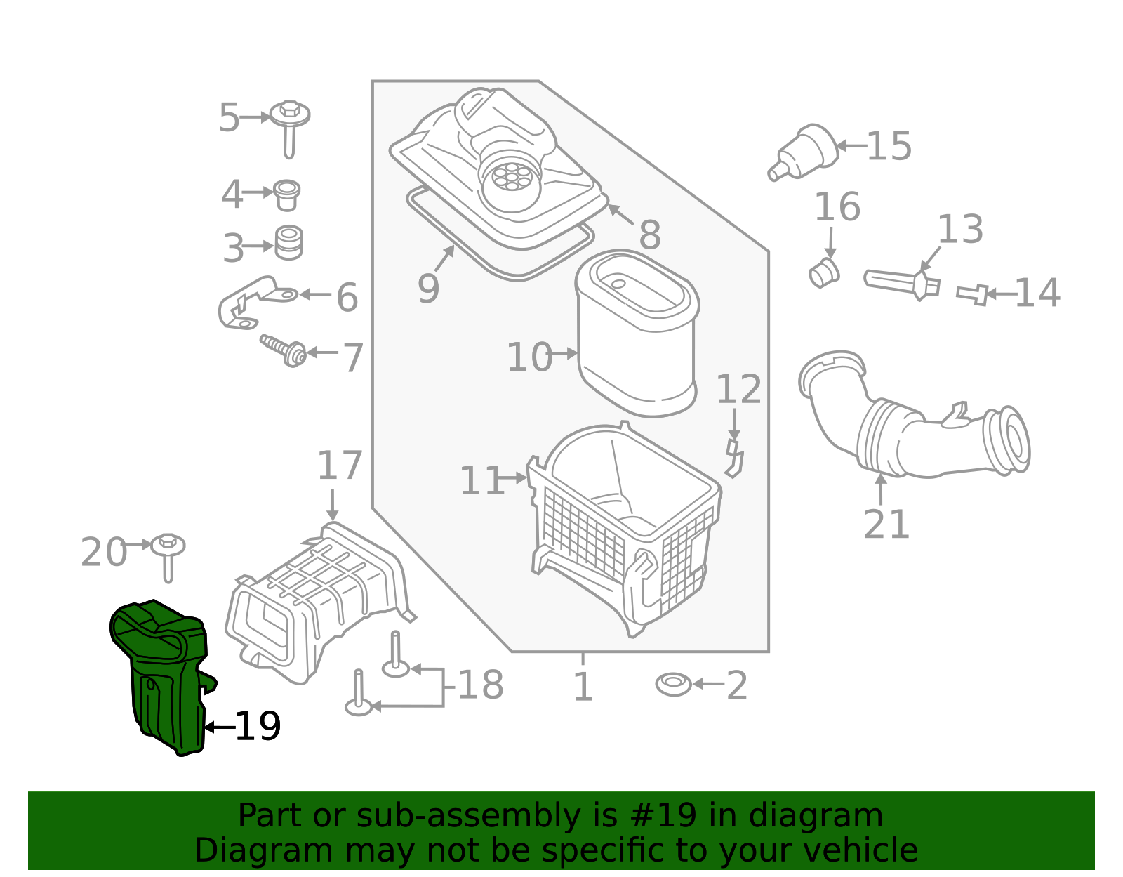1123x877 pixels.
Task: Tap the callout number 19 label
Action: click(258, 727)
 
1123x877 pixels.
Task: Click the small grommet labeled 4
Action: click(286, 194)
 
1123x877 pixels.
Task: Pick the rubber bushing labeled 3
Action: click(288, 242)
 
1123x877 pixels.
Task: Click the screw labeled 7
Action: click(284, 349)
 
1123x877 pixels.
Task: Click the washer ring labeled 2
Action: click(673, 684)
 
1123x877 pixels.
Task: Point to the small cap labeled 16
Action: click(824, 272)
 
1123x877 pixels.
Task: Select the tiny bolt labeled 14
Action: click(973, 294)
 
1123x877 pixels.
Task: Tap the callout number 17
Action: click(340, 466)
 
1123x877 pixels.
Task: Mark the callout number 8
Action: click(650, 235)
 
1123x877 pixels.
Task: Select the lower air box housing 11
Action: click(625, 534)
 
